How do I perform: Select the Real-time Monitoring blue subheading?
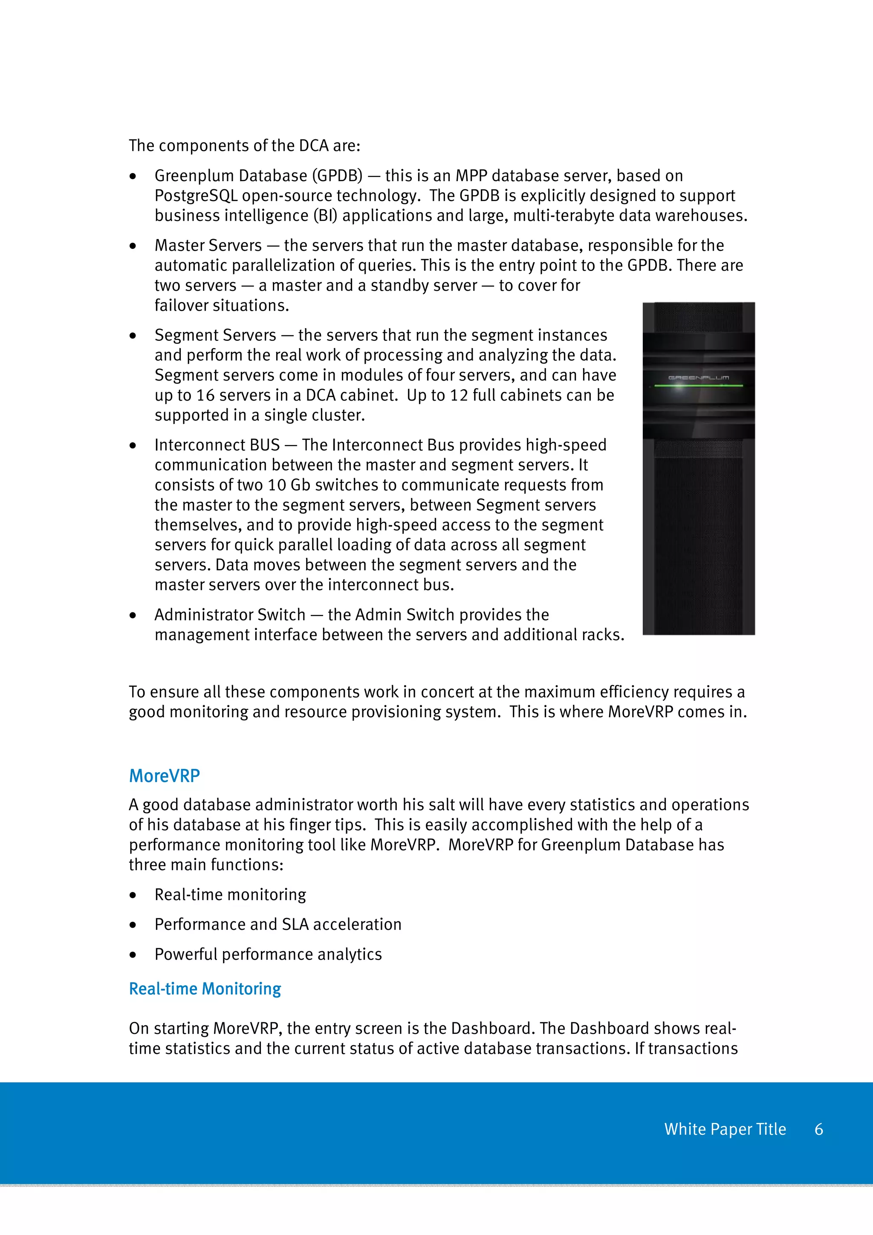205,989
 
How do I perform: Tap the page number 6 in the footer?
819,1129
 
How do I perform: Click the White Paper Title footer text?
725,1129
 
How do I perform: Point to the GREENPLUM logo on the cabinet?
698,378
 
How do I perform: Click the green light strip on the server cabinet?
698,386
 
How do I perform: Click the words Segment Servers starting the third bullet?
215,335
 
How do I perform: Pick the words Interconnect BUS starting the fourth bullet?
217,445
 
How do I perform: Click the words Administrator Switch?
230,615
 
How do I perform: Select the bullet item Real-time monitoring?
230,895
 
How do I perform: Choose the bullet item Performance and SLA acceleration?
278,924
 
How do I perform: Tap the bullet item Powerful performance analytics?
268,954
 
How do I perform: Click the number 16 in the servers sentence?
205,395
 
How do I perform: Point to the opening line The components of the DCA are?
244,146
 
